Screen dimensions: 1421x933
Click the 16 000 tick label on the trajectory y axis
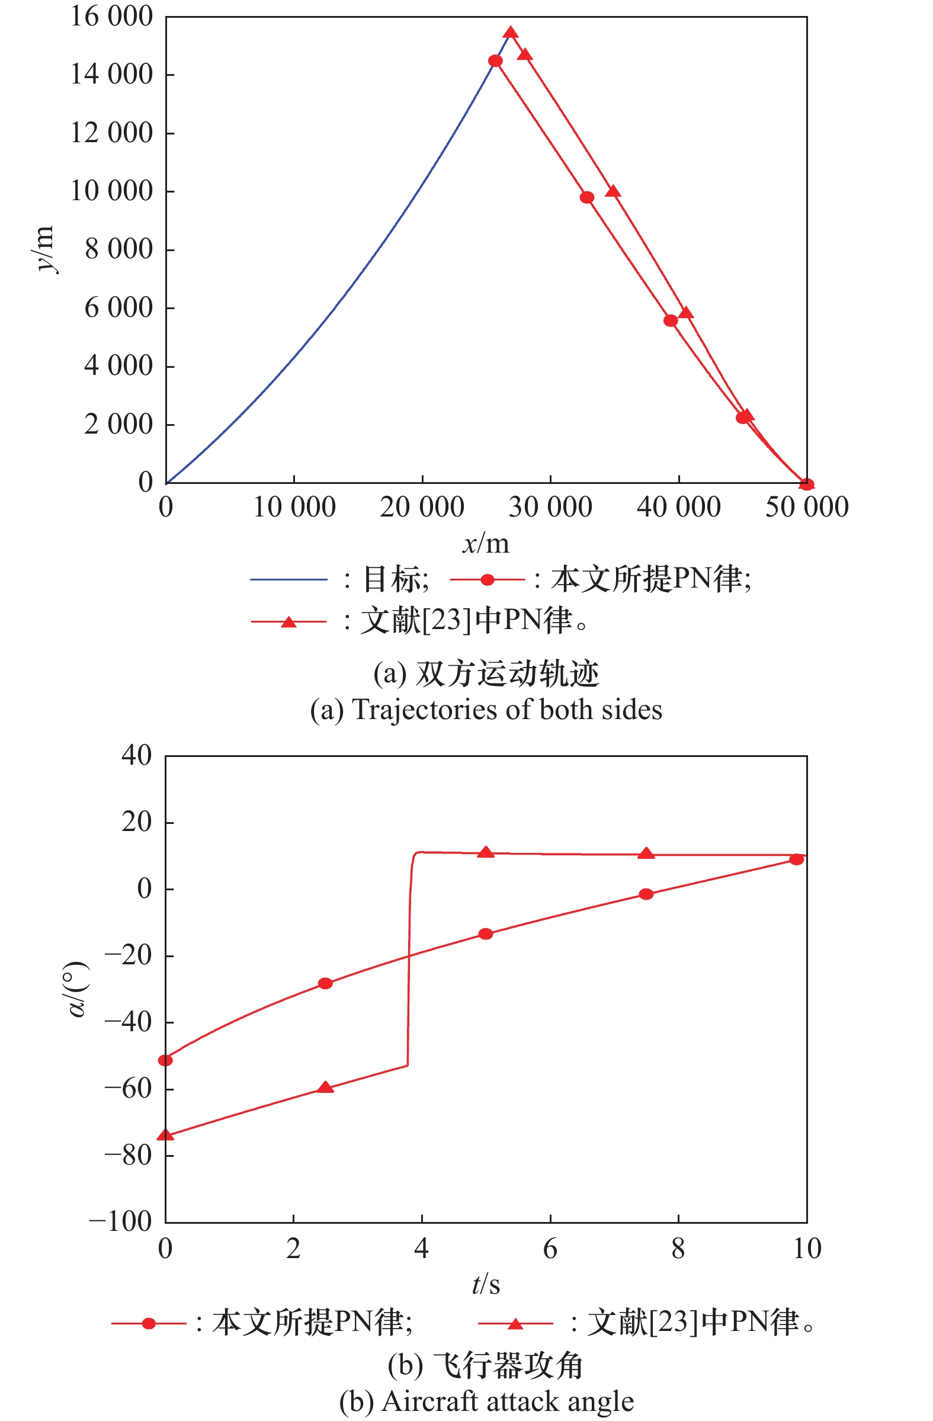[111, 17]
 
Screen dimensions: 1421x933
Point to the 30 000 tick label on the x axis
[550, 508]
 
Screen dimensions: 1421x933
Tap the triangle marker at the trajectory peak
[511, 33]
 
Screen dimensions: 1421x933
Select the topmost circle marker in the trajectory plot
[495, 61]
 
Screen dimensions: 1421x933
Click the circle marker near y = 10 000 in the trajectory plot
[587, 198]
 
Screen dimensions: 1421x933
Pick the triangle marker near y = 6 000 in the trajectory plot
[686, 313]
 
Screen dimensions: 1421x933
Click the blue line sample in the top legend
[288, 579]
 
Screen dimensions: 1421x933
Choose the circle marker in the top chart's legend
[487, 580]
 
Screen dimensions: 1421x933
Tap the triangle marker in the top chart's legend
[288, 622]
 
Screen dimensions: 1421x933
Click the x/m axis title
[486, 543]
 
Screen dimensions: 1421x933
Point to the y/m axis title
[46, 249]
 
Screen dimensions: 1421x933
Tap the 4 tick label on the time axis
[421, 1249]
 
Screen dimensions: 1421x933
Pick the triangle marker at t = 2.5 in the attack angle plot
[325, 1088]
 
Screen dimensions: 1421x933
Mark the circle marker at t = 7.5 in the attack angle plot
[646, 894]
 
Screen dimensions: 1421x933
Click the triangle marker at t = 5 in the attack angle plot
[486, 852]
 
